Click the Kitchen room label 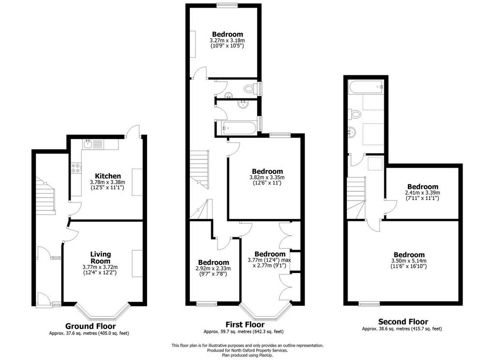coord(108,176)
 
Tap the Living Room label coord(101,258)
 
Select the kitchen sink coord(87,144)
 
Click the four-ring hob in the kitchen coord(76,168)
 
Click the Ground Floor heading coord(90,326)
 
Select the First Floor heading coord(245,324)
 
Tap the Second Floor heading coord(403,322)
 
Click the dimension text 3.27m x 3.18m coord(227,41)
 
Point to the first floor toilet coord(250,88)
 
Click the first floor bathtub coord(237,128)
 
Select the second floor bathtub coord(366,86)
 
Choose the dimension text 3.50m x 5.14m coord(409,261)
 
